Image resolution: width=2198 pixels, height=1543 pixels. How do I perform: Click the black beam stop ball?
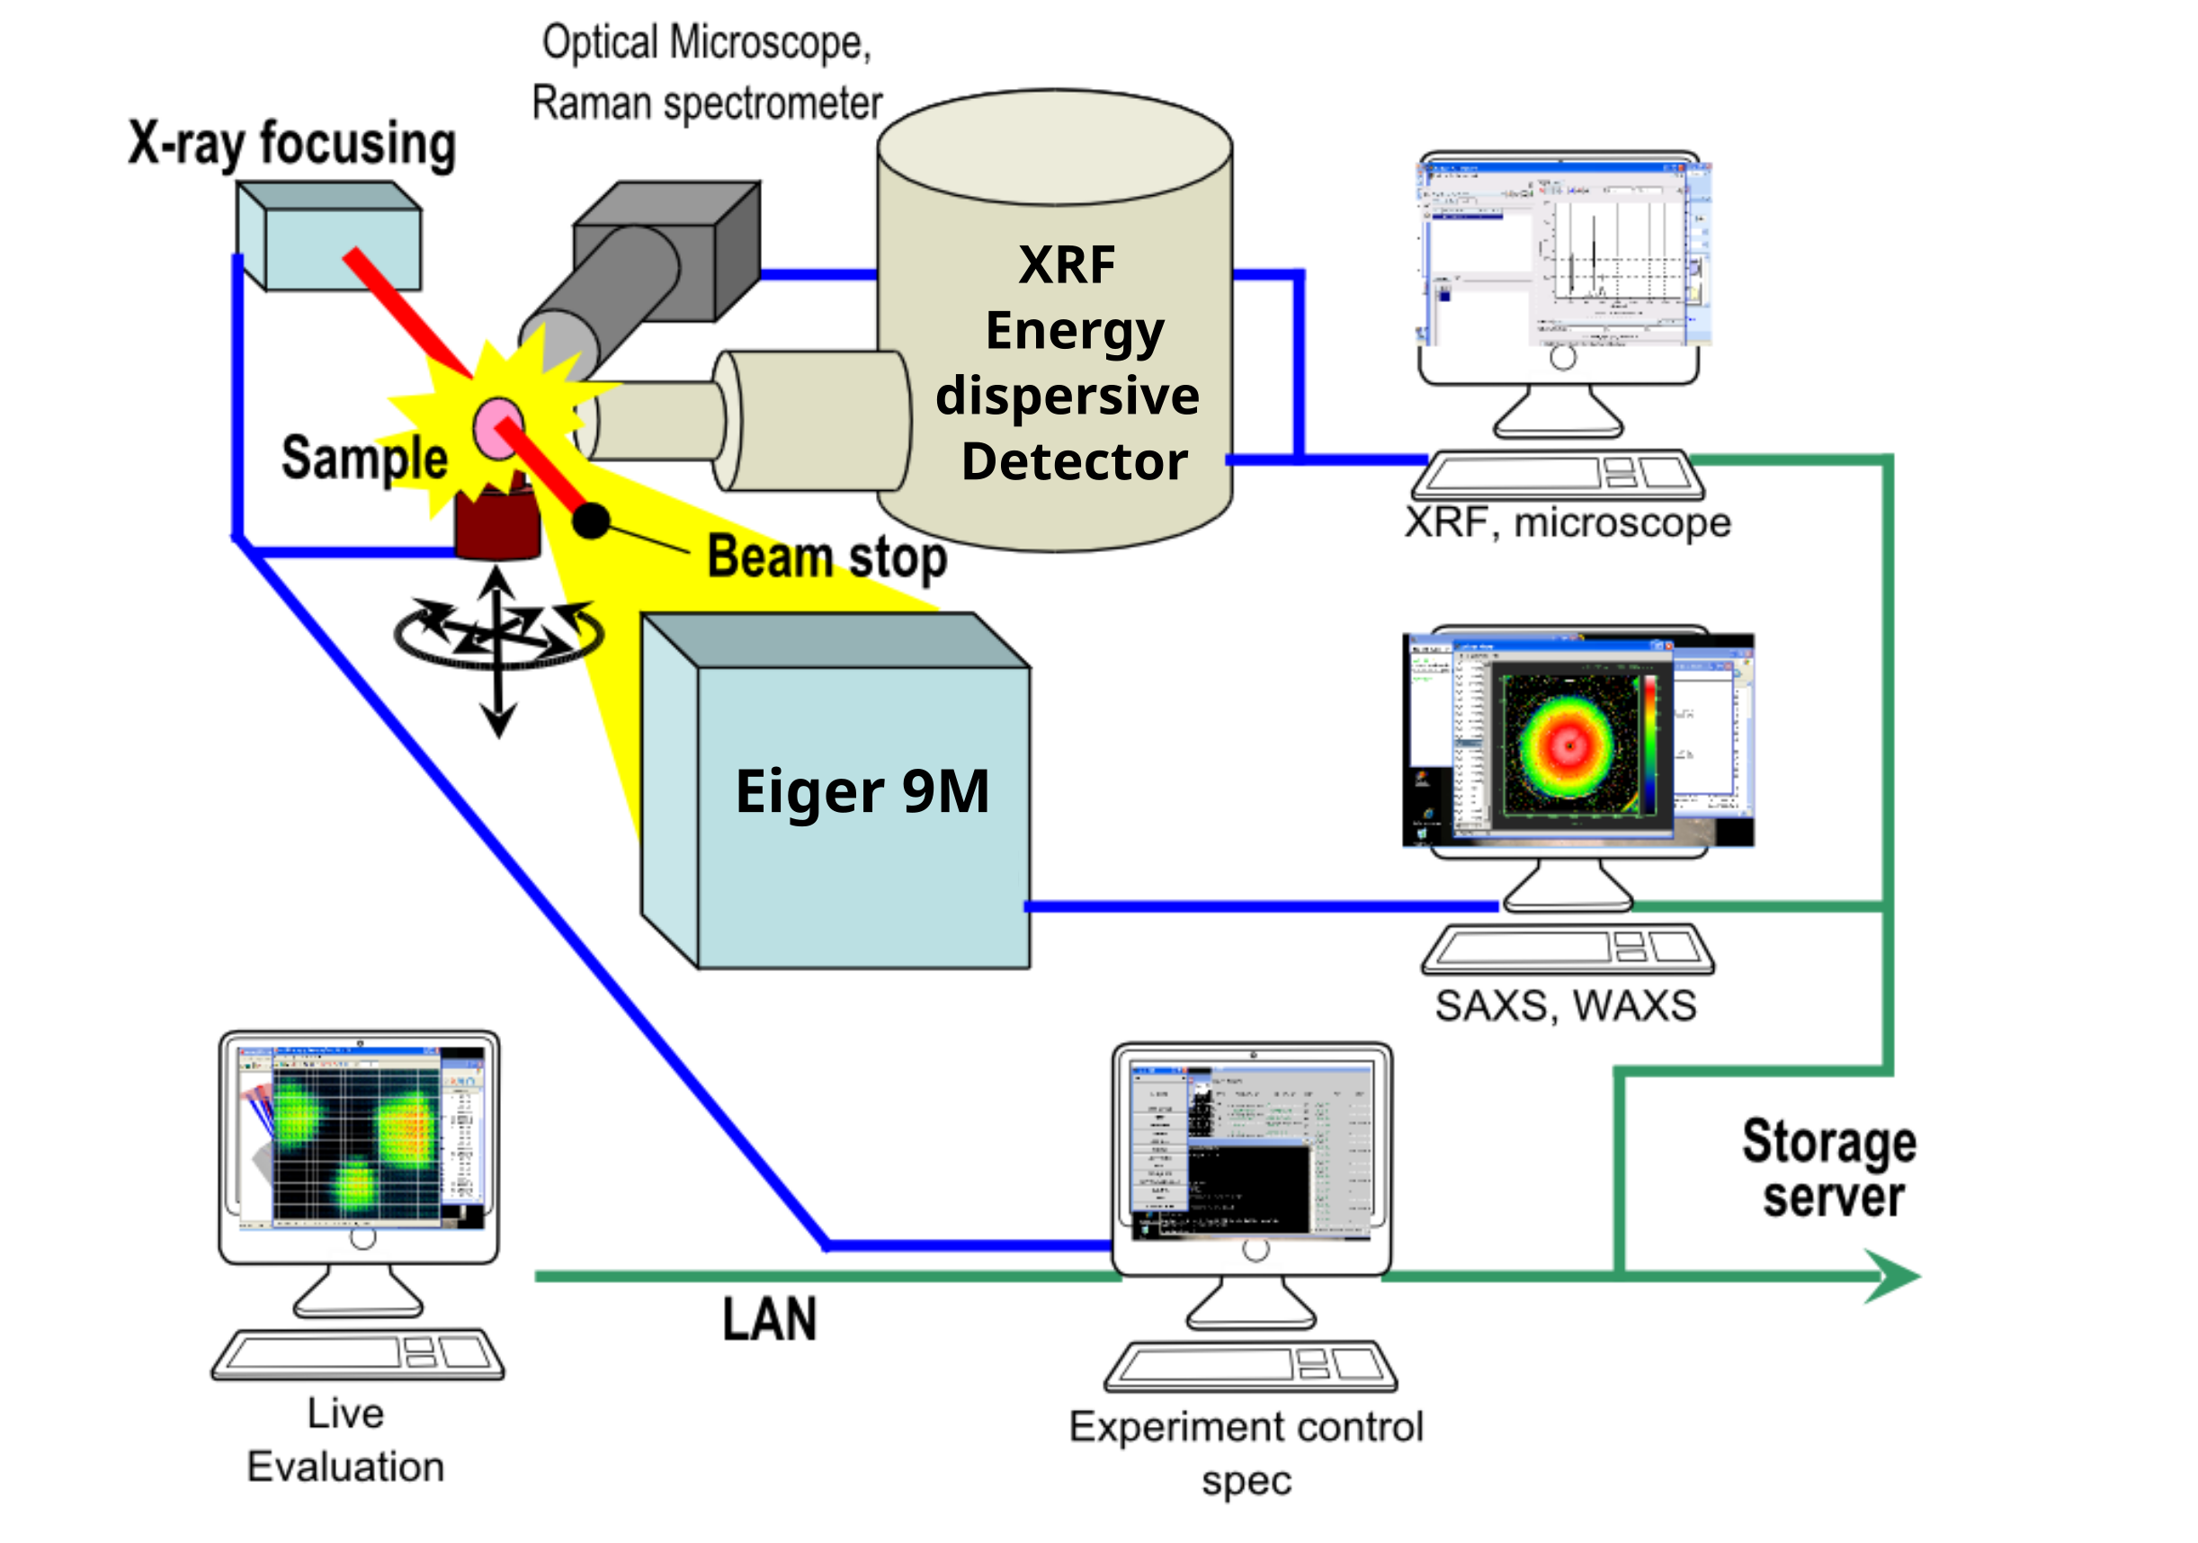[x=591, y=521]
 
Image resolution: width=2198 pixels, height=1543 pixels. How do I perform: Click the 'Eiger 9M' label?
[x=862, y=791]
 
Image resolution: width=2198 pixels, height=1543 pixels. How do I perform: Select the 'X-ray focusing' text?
[x=292, y=144]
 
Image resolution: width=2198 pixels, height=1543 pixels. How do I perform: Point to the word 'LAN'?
[x=769, y=1319]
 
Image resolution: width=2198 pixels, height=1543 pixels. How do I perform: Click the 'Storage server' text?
[x=1828, y=1169]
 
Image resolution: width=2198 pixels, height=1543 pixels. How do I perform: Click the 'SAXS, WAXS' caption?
[x=1565, y=1006]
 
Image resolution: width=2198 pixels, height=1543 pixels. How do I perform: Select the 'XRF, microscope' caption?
[x=1568, y=522]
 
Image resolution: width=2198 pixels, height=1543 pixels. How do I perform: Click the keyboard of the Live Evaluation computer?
[x=357, y=1353]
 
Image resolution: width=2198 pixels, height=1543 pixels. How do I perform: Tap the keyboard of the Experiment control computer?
[x=1250, y=1366]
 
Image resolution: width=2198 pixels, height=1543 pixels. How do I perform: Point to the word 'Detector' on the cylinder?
[x=1074, y=461]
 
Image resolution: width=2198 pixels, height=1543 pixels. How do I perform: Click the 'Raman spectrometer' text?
[x=707, y=103]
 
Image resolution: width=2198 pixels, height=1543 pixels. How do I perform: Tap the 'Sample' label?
[x=363, y=458]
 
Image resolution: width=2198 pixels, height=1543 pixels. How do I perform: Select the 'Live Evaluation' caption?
[x=345, y=1440]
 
